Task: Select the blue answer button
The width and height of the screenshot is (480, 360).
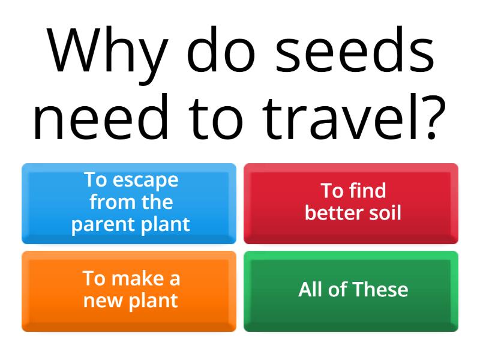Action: [129, 203]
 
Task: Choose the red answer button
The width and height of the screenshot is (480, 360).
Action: [351, 203]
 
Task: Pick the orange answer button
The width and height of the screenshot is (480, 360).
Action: [129, 291]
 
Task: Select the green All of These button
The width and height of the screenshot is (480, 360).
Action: [351, 291]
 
